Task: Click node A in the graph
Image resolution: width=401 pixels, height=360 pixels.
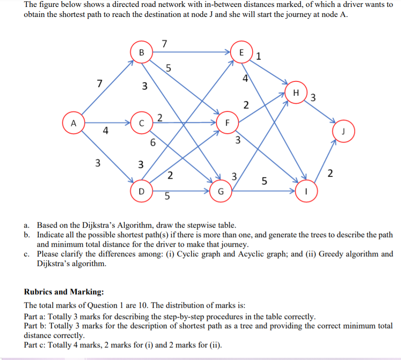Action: pos(74,123)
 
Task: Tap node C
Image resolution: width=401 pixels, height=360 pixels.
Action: pos(141,123)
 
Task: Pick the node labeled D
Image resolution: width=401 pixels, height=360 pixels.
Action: pos(140,191)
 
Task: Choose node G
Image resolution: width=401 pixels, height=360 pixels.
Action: pos(220,191)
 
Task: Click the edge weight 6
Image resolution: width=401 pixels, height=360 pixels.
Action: pos(152,142)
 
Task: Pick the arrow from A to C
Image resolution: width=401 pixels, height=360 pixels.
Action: pos(107,123)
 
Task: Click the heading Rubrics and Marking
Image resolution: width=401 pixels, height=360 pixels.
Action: pos(63,292)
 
